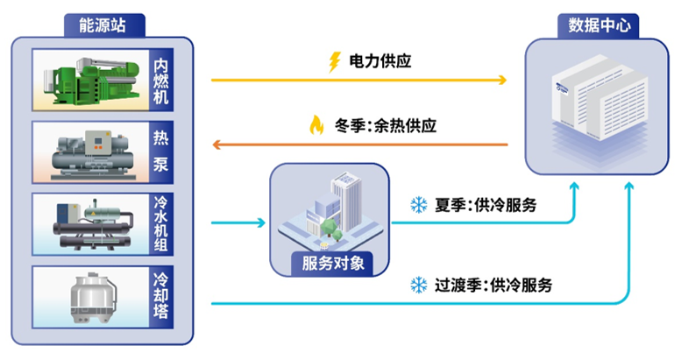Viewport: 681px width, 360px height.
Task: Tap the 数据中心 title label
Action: coord(599,25)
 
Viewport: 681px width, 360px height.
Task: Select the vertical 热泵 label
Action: coord(160,152)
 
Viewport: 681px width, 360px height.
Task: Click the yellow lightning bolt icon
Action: coord(334,61)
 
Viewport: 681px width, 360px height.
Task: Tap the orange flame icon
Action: coord(316,124)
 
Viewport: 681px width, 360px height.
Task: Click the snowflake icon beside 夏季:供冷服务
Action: coord(418,206)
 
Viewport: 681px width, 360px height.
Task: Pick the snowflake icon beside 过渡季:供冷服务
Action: coord(418,285)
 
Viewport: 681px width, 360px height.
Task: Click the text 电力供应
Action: coord(380,61)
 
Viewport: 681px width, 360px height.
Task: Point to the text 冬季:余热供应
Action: coord(386,124)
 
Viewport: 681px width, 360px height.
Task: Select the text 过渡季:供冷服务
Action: coord(493,285)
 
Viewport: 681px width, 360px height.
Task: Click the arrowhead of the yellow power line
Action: coord(503,81)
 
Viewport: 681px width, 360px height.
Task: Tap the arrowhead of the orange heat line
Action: coord(216,143)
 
